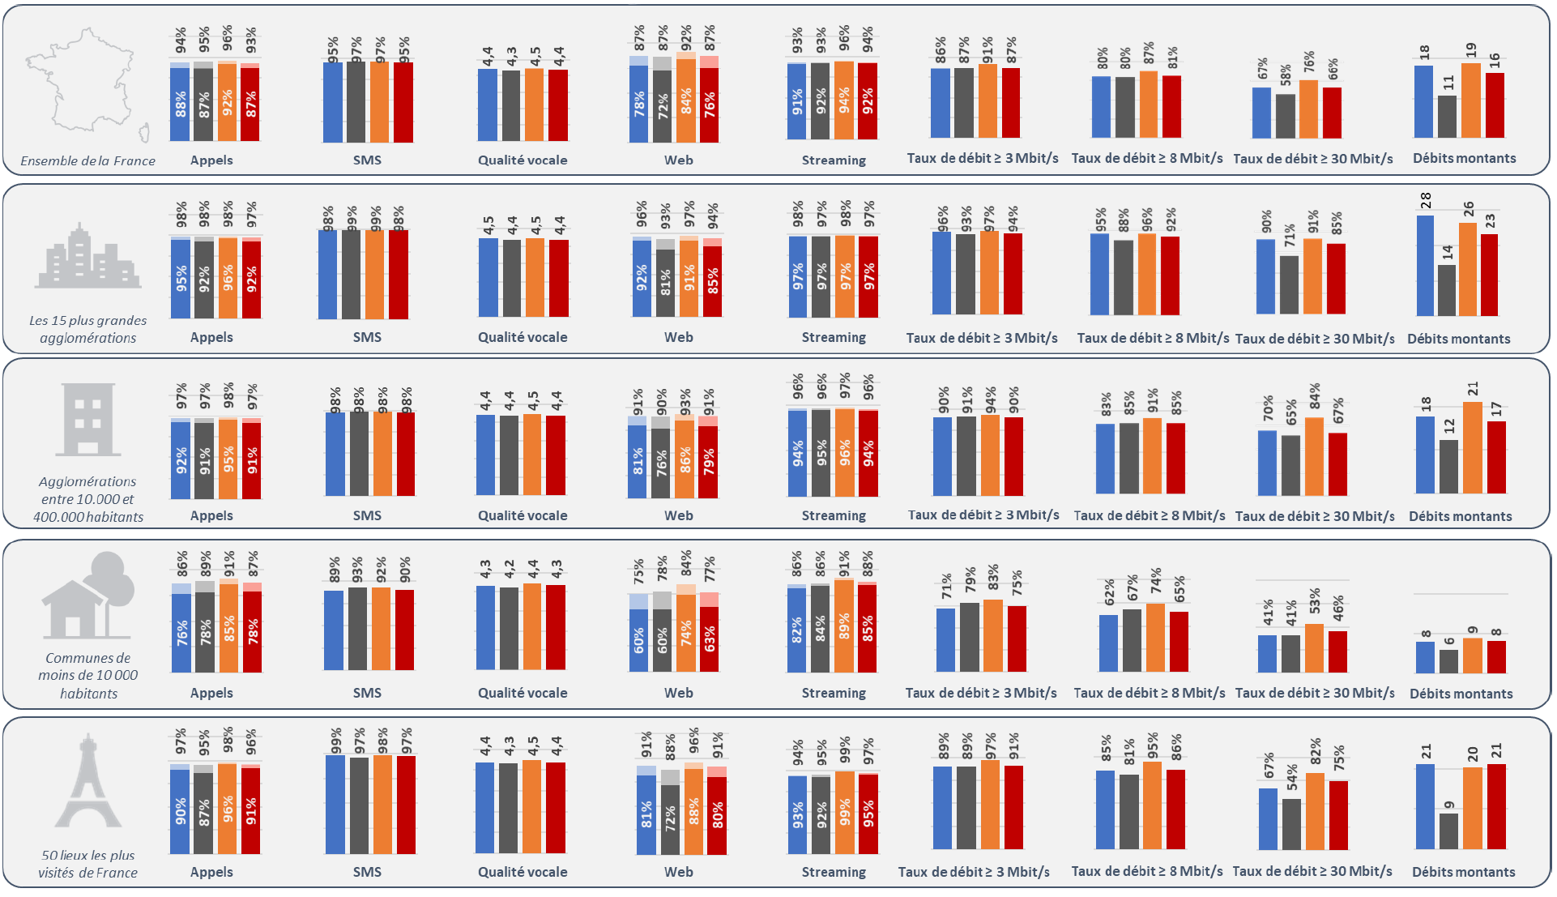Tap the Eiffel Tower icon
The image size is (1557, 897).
click(x=87, y=782)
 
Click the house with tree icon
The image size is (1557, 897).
click(x=87, y=596)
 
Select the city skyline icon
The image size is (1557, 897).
click(x=87, y=258)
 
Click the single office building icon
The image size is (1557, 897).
click(x=87, y=419)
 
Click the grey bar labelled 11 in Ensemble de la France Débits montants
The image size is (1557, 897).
click(x=1447, y=117)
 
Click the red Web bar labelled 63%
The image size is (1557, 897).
click(x=709, y=639)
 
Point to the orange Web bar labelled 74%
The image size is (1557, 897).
click(x=686, y=633)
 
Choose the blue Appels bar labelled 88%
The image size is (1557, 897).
click(x=180, y=105)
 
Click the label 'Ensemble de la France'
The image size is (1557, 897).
click(x=87, y=161)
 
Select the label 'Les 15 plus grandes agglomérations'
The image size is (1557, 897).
click(x=87, y=329)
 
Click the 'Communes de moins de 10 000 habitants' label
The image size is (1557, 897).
click(x=87, y=676)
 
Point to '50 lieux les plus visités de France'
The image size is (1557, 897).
click(x=87, y=864)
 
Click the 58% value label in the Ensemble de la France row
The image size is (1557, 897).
click(x=1286, y=75)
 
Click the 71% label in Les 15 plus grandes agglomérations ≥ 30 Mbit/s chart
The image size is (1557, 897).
click(x=1290, y=236)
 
